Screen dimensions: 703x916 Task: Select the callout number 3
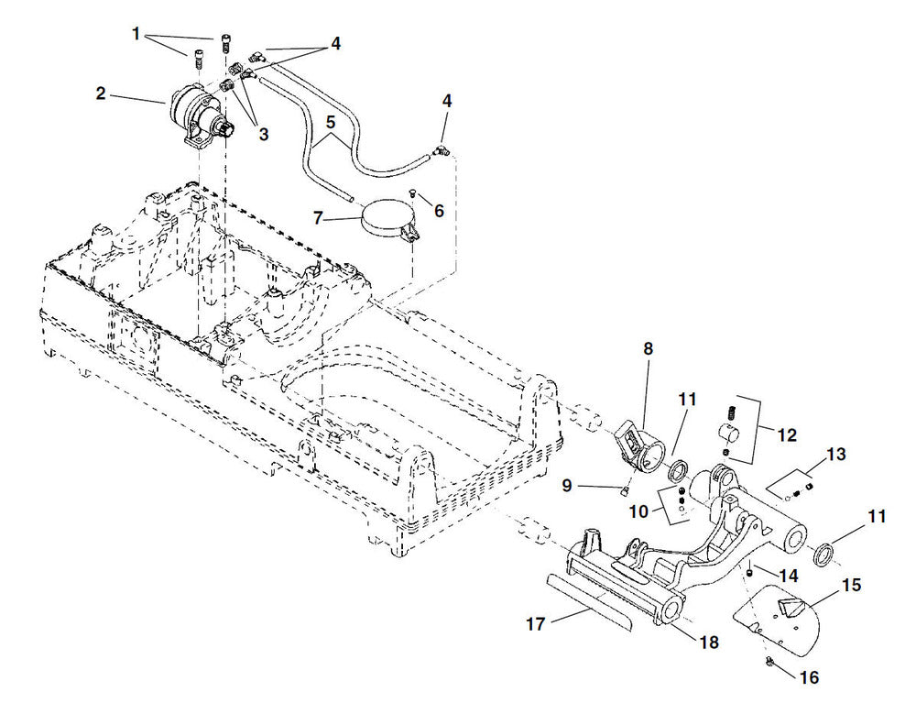click(263, 134)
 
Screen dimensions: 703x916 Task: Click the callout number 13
click(834, 455)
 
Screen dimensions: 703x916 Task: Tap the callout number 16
click(809, 678)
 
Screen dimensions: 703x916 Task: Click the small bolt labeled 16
click(769, 662)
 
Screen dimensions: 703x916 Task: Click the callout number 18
click(710, 643)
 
